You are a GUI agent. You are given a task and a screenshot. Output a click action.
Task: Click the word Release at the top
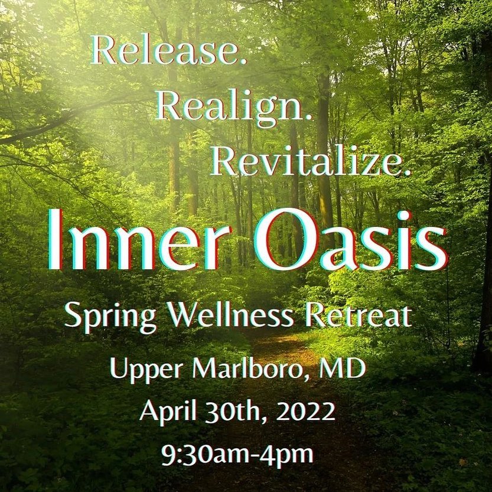[162, 52]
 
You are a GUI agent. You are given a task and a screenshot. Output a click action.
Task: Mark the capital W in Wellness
[183, 315]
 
